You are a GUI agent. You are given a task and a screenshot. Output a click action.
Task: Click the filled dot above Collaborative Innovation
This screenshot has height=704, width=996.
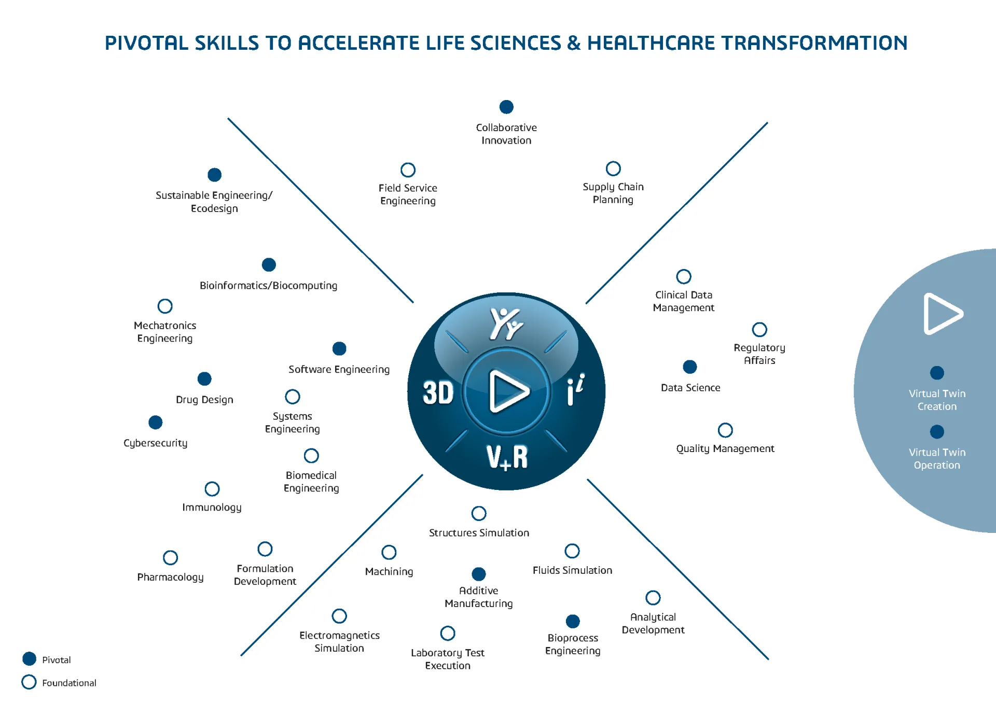[x=506, y=107]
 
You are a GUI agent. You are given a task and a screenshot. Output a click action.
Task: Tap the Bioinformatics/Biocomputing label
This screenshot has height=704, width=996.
[x=268, y=286]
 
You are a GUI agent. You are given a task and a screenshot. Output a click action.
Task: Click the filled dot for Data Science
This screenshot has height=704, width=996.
[x=690, y=367]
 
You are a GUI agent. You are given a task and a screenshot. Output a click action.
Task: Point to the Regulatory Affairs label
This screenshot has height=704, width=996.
[x=759, y=354]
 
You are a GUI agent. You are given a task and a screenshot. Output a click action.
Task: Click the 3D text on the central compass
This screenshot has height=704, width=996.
[x=438, y=392]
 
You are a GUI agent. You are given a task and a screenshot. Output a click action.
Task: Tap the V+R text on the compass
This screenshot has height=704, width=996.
[x=507, y=457]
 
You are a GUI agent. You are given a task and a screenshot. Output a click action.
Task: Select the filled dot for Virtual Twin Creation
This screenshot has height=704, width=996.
[x=937, y=373]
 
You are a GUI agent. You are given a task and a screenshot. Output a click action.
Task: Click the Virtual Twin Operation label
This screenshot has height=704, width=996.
[x=937, y=459]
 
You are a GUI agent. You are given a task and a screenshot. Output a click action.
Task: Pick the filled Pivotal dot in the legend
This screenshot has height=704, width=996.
[x=30, y=659]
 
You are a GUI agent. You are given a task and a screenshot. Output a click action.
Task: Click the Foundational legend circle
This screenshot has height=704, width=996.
[x=29, y=682]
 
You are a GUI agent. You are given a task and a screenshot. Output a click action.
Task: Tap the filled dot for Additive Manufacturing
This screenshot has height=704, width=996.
[x=479, y=574]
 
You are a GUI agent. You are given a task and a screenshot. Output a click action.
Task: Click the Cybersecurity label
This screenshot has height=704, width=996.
[x=155, y=443]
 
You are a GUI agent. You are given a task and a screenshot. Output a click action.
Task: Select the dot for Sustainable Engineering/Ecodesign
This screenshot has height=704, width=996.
[x=214, y=175]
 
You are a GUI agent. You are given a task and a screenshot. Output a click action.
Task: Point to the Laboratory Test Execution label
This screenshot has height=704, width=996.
[x=448, y=659]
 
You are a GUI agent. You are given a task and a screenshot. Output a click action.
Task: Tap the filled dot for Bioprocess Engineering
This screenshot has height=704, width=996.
[x=573, y=621]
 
